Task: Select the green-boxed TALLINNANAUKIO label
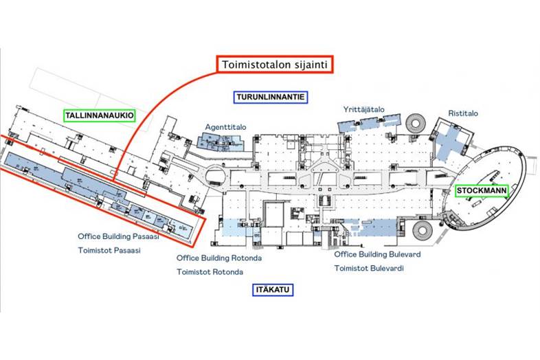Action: point(99,115)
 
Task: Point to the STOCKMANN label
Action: point(482,191)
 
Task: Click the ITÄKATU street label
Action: point(271,291)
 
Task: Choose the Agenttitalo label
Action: point(225,127)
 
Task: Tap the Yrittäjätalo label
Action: point(363,109)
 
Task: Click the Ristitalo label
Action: point(463,113)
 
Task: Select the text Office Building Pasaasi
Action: point(118,236)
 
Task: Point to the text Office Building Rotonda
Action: point(219,258)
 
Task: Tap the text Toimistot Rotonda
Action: point(210,272)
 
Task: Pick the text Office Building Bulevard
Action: point(377,254)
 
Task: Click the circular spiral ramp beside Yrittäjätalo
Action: point(416,124)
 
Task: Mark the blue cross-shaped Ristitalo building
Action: point(452,137)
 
